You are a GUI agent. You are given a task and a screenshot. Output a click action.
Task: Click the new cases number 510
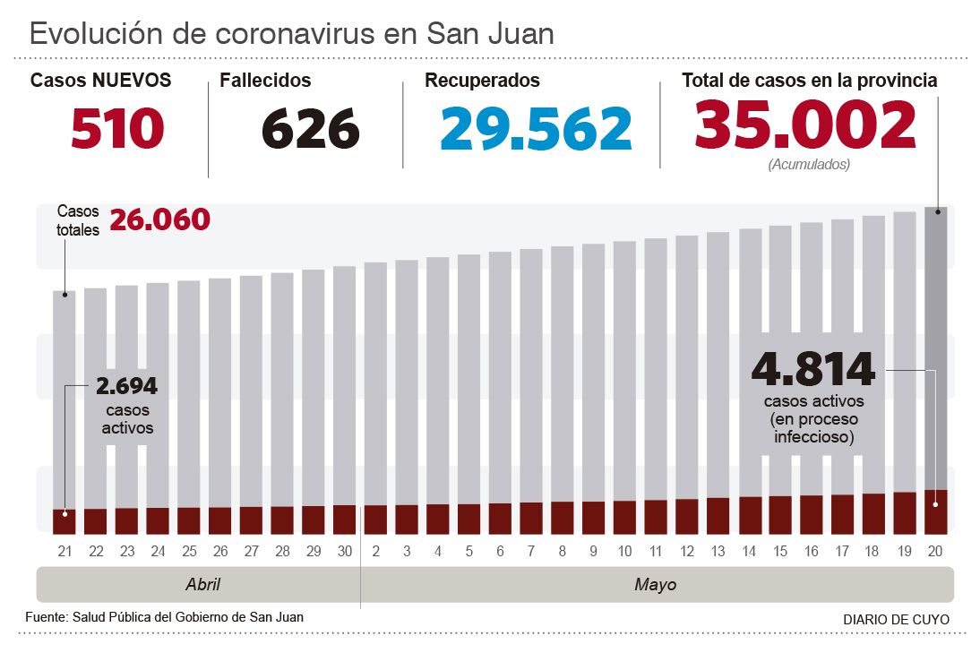point(117,128)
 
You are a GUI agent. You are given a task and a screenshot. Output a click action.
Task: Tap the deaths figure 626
point(310,128)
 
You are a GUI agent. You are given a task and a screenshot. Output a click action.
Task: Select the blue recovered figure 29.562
point(536,128)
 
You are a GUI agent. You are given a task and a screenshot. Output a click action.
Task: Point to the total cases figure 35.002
point(805,125)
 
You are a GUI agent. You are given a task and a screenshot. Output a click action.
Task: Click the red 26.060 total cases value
point(159,219)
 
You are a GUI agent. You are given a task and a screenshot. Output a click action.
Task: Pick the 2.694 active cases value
point(126,386)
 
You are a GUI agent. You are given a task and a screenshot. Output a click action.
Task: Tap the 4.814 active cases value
point(812,369)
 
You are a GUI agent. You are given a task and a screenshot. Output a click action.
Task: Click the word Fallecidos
point(265,81)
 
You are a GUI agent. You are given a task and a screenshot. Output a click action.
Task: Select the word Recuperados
point(482,81)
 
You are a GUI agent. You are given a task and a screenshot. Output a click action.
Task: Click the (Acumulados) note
point(809,165)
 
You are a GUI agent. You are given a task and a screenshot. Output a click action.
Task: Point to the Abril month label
point(202,585)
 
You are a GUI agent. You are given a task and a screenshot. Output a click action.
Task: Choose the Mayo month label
point(655,585)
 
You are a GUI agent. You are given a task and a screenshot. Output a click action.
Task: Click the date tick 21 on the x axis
point(64,550)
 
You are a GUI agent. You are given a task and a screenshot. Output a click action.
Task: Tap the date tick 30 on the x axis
point(344,550)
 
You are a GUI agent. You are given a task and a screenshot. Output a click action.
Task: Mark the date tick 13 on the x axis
point(718,550)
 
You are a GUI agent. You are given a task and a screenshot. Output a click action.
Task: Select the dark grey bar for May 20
point(936,349)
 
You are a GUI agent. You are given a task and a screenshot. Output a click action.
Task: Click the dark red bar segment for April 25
point(188,520)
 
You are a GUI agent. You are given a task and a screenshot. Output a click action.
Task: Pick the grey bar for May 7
point(531,376)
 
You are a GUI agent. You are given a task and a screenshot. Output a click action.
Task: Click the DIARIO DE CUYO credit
point(896,620)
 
